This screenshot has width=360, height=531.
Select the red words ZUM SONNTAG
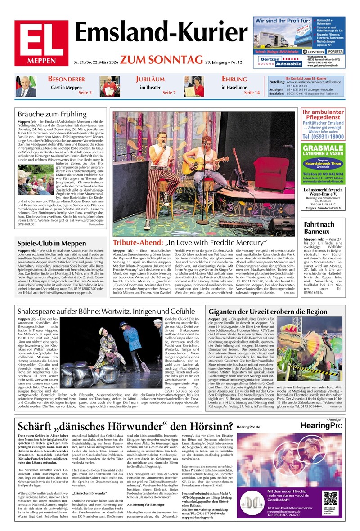click(161, 60)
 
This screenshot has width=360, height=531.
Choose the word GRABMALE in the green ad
click(323, 149)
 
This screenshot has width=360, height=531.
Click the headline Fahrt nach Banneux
click(319, 228)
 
